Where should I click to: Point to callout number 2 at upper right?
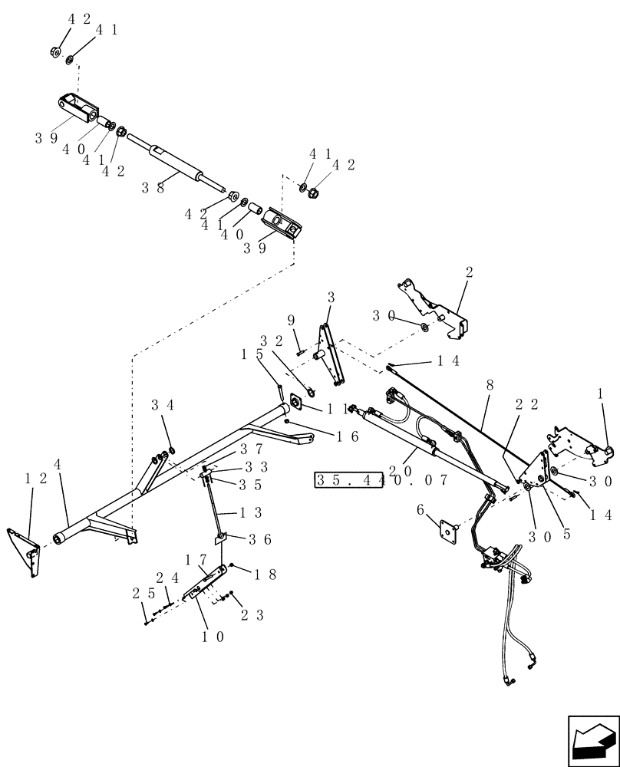(x=469, y=272)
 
